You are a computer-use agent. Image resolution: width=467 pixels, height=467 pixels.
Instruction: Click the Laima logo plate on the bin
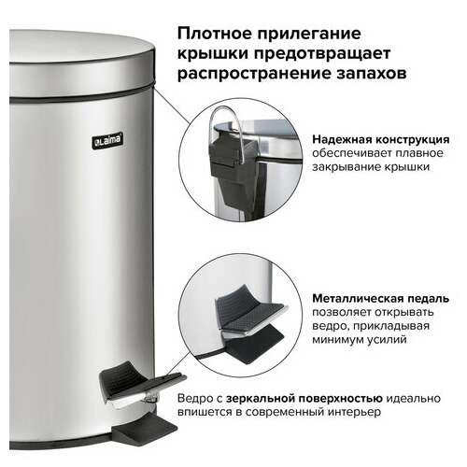click(x=107, y=140)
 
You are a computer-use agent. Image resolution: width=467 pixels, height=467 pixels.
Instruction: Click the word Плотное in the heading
click(x=213, y=34)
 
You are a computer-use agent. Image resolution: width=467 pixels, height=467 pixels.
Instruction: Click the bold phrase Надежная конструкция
click(x=381, y=140)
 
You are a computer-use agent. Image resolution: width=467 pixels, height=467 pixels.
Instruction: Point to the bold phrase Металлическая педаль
click(x=381, y=299)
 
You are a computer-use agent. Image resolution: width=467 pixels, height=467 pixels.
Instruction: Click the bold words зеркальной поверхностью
click(x=304, y=399)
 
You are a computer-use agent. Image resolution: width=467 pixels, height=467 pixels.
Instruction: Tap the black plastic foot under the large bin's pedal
click(x=145, y=429)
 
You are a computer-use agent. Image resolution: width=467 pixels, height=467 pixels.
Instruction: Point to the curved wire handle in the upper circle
click(x=226, y=115)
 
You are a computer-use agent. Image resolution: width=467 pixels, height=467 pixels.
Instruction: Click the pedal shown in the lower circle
click(x=249, y=315)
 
